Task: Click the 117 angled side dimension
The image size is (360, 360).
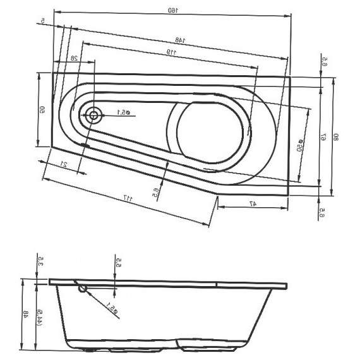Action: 128,199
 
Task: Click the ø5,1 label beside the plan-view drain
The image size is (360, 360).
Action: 123,113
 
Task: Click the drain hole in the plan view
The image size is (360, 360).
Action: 94,114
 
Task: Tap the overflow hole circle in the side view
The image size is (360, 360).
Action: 83,289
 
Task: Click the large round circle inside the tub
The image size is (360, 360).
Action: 209,131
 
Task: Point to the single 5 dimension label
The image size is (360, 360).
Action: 43,21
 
